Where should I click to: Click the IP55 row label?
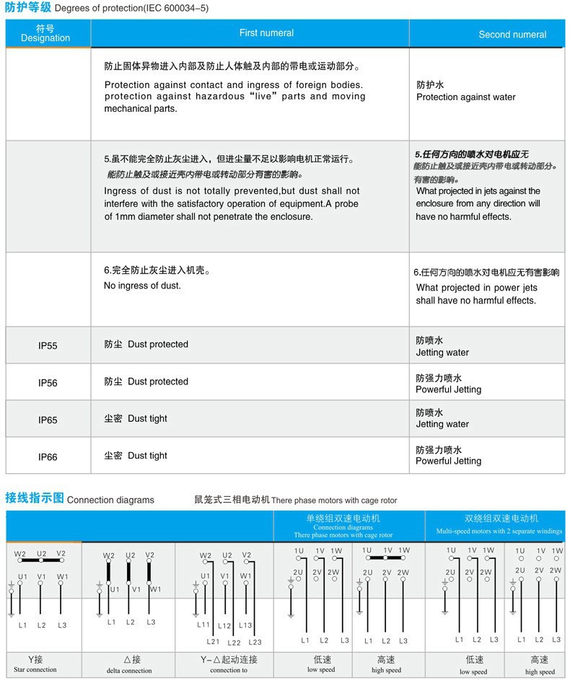click(48, 346)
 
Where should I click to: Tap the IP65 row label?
click(48, 420)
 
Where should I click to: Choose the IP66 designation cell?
click(48, 457)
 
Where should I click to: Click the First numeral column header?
click(266, 33)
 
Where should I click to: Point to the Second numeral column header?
click(512, 35)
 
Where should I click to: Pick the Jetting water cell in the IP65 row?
click(442, 419)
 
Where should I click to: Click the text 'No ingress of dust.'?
click(142, 286)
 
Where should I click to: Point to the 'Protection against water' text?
click(466, 97)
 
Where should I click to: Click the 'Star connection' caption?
click(35, 670)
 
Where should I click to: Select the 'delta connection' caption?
click(129, 671)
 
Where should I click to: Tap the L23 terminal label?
click(255, 643)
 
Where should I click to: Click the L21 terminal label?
click(213, 642)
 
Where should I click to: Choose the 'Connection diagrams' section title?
click(110, 500)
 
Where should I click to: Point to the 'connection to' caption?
click(229, 670)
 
